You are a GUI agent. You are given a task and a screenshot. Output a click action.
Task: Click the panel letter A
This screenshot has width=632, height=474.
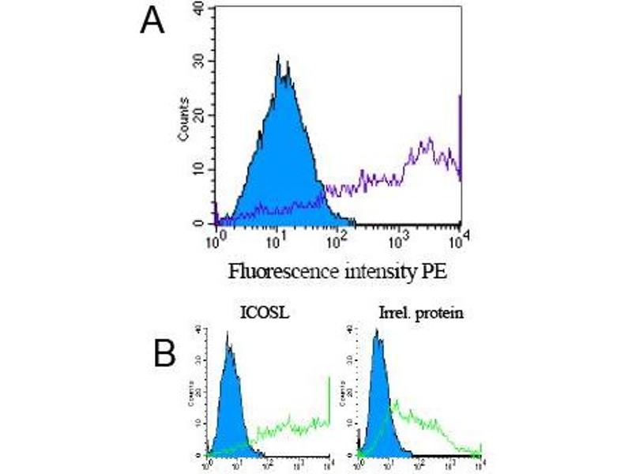(152, 21)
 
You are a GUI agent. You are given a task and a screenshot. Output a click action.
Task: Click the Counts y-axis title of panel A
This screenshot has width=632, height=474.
(183, 119)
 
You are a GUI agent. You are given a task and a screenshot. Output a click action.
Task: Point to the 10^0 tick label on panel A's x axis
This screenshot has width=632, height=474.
(213, 238)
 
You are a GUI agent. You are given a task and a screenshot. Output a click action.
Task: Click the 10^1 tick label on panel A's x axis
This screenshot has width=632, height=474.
(275, 238)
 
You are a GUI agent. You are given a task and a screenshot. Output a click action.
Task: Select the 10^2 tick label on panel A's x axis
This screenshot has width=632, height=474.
(337, 238)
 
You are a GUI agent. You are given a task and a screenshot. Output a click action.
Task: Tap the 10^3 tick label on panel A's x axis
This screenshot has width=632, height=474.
(398, 238)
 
